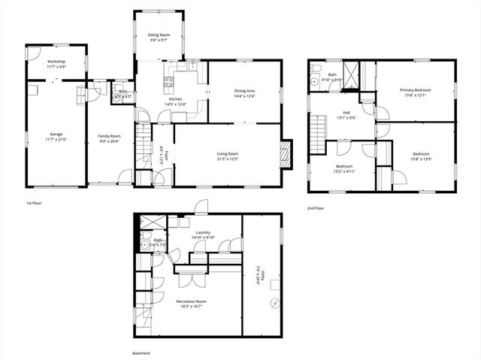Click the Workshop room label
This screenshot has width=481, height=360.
pos(56,61)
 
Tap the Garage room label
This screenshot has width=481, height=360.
pos(56,135)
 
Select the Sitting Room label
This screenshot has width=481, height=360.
pos(159,35)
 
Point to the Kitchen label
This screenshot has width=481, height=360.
pos(175,99)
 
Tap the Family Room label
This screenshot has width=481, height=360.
pos(110,136)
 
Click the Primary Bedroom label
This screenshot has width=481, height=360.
pos(416,90)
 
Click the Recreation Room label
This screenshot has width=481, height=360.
pos(192,301)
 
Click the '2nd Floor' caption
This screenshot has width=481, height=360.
pos(315,208)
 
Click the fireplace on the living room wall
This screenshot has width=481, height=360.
pos(285,155)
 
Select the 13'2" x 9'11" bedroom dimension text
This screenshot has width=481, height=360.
pos(344,171)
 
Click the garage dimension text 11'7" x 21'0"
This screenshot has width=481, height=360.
pos(56,139)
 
